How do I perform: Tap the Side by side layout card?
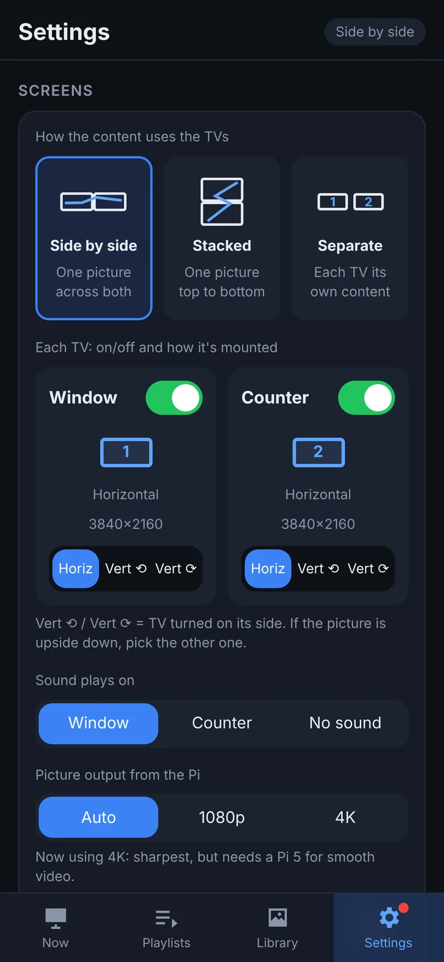tap(93, 238)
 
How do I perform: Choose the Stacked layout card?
tap(222, 238)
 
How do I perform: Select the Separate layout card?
tap(350, 238)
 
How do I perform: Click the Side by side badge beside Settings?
tap(375, 32)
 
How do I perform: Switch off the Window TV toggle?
tap(174, 398)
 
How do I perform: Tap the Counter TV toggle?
tap(367, 398)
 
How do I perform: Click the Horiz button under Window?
tap(76, 569)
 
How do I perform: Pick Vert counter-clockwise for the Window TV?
tap(126, 569)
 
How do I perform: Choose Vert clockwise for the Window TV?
tap(176, 569)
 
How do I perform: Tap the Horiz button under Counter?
tap(268, 569)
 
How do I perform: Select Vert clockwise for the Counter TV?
tap(368, 569)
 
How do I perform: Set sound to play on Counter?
tap(222, 723)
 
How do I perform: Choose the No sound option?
tap(346, 723)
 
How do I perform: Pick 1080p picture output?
tap(222, 817)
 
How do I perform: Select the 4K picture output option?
tap(346, 817)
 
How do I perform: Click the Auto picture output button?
tap(98, 817)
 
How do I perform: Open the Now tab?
tap(55, 928)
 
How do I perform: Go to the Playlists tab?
tap(166, 928)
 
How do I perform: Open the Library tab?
tap(277, 928)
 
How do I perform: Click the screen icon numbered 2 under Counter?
tap(318, 453)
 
